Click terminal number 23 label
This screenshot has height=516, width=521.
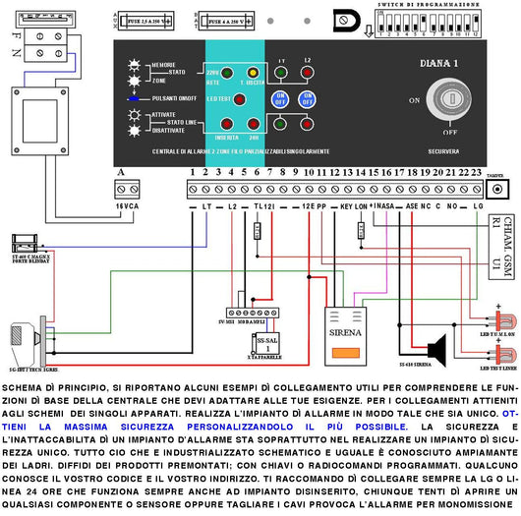pos(475,172)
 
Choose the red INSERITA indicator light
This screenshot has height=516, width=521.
pos(225,125)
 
